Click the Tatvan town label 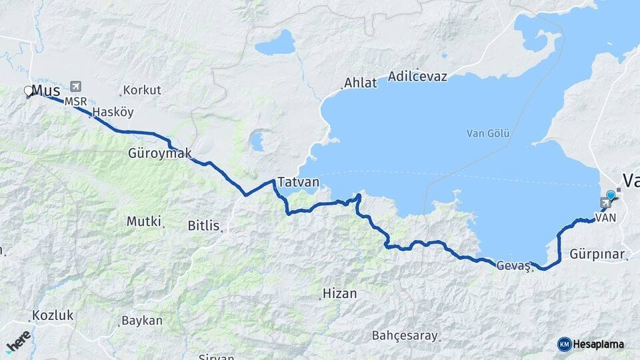(298, 182)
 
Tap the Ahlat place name (360, 83)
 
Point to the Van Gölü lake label (488, 133)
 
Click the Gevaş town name (513, 265)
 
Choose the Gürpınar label (597, 254)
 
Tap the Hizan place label (339, 293)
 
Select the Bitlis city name (203, 226)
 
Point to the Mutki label (145, 221)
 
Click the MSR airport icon (75, 87)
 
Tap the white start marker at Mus (29, 90)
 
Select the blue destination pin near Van (610, 195)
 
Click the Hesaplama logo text (598, 345)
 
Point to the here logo (19, 341)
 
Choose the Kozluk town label (55, 315)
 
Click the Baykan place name (141, 321)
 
